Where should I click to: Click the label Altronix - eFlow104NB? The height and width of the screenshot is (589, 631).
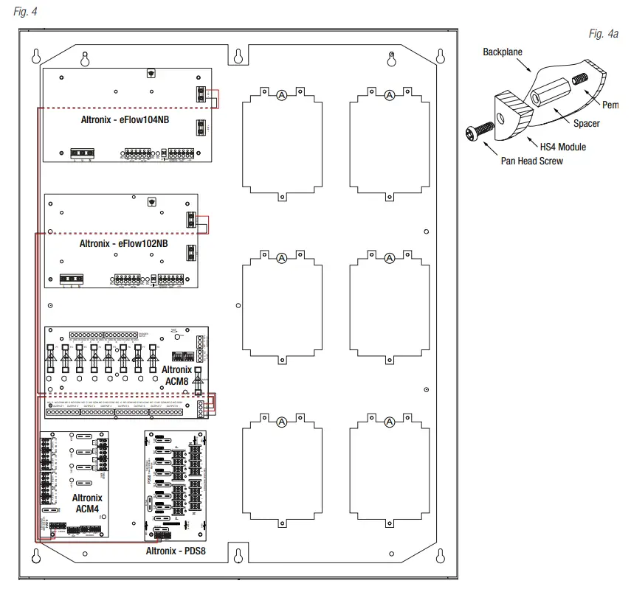(125, 119)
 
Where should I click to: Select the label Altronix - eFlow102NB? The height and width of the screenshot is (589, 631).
(123, 243)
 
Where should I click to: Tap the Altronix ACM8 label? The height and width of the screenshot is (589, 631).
(176, 374)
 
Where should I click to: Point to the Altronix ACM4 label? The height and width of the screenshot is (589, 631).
(87, 503)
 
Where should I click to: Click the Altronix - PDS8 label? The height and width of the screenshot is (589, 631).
(175, 551)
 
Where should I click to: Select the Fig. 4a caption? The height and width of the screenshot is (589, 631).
(603, 35)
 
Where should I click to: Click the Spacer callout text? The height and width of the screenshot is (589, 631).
(587, 124)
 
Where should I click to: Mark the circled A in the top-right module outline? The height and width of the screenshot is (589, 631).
(389, 95)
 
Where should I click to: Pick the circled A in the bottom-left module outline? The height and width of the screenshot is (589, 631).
(281, 422)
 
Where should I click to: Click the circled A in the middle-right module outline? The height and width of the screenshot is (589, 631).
(389, 259)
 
